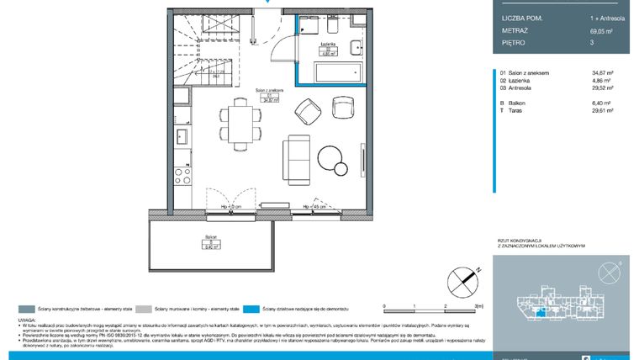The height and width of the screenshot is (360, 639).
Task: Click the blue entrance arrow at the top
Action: tap(267, 3)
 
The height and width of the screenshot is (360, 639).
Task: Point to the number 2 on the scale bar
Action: tap(443, 306)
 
